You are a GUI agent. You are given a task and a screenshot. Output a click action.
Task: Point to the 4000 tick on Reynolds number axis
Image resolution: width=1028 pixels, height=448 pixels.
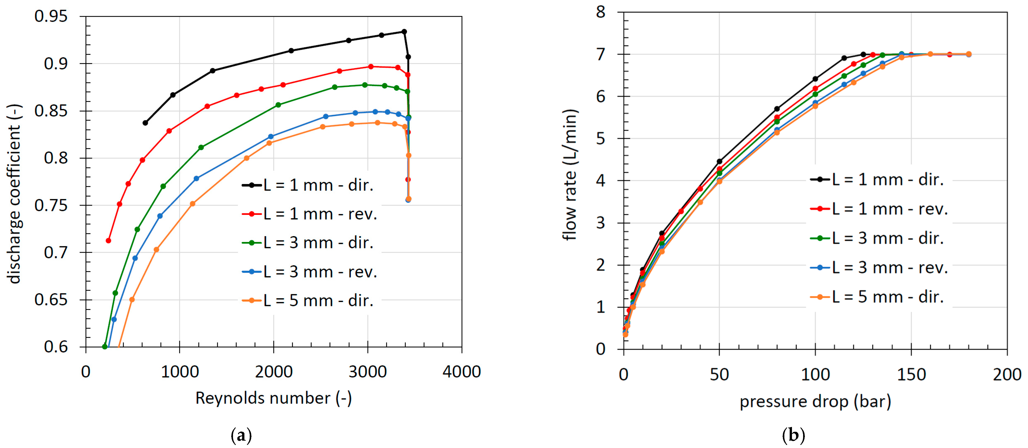point(461,372)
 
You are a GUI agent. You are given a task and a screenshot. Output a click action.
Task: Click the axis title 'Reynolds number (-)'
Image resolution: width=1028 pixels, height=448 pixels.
point(273,398)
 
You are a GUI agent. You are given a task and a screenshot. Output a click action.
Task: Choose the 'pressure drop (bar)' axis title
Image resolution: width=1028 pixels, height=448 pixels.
point(815,401)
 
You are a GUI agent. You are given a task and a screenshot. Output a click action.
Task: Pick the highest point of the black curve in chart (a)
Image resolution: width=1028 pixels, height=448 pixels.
point(404,31)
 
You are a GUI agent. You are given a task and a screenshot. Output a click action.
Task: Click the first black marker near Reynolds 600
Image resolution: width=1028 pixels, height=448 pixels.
point(145,123)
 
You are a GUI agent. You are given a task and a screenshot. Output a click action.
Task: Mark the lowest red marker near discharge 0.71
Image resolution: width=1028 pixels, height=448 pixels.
point(108,240)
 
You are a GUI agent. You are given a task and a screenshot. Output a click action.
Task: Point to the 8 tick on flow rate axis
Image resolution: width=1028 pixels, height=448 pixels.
point(600,12)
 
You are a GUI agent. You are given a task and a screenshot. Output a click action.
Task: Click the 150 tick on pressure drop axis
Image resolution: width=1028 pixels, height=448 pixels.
point(911,374)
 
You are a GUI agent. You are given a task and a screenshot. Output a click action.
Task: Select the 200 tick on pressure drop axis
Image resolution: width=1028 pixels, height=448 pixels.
point(1006,374)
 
